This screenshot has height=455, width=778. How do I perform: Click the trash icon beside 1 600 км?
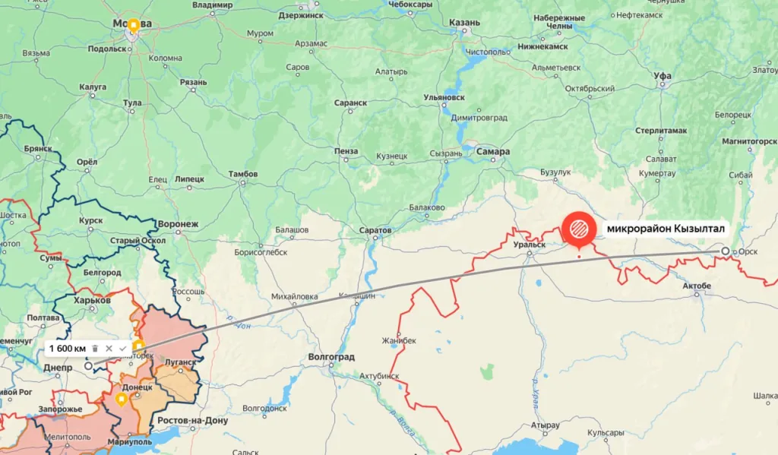[x=95, y=348]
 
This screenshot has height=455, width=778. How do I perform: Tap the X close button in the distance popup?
[x=109, y=348]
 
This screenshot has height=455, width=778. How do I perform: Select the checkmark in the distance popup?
[x=122, y=348]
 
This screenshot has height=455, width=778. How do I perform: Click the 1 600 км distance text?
[x=68, y=348]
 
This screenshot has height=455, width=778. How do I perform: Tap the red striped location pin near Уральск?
[x=579, y=228]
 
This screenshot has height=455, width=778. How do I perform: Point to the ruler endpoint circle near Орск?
[x=726, y=251]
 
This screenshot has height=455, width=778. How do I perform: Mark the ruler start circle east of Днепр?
[x=89, y=365]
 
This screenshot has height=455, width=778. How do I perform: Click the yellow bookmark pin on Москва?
[x=134, y=26]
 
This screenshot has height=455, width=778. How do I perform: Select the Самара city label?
[x=493, y=151]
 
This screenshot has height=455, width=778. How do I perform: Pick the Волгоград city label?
[x=332, y=355]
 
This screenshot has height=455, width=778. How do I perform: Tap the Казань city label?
[x=464, y=23]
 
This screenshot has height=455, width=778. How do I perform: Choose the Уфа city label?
[x=663, y=76]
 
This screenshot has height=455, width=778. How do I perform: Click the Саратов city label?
[x=375, y=229]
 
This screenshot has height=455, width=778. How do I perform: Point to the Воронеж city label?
[x=178, y=224]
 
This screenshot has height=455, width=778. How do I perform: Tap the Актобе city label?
[x=697, y=286]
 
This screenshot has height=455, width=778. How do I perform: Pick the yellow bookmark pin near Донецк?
[x=121, y=399]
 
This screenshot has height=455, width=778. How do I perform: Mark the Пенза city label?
[x=346, y=151]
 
